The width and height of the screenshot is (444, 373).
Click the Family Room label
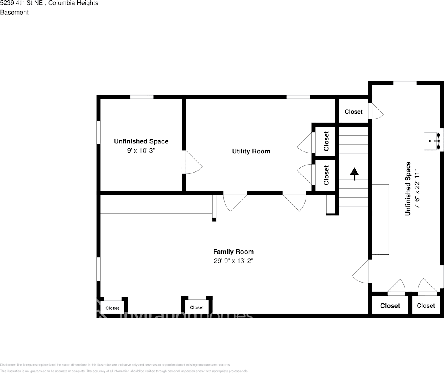click(233, 252)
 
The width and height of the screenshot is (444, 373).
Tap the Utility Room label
click(251, 151)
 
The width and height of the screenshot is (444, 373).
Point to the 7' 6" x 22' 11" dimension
click(417, 189)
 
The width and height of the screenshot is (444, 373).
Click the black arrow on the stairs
click(354, 173)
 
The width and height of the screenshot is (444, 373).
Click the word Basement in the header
click(14, 12)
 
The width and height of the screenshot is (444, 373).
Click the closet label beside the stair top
click(354, 112)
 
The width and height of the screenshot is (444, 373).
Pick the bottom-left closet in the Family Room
click(112, 308)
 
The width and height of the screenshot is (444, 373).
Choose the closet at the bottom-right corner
click(426, 305)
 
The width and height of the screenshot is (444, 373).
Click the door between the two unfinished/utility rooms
click(192, 162)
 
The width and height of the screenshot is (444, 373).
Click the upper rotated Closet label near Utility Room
click(326, 141)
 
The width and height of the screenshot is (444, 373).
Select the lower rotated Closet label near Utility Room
click(326, 175)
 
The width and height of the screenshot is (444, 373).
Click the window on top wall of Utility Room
click(298, 97)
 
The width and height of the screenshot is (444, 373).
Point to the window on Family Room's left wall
click(98, 269)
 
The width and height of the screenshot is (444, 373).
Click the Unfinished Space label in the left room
click(141, 141)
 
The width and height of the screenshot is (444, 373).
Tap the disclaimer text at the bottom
click(115, 365)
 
